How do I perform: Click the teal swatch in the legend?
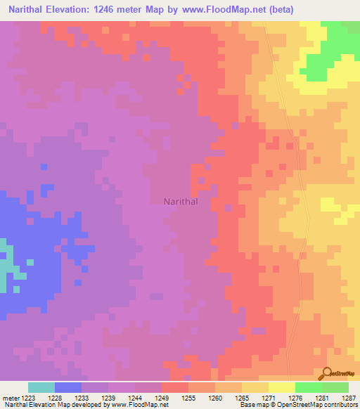[x=41, y=387]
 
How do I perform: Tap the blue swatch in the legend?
[x=68, y=387]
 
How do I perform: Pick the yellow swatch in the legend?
[x=282, y=387]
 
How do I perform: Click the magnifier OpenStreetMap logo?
[x=327, y=373]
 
